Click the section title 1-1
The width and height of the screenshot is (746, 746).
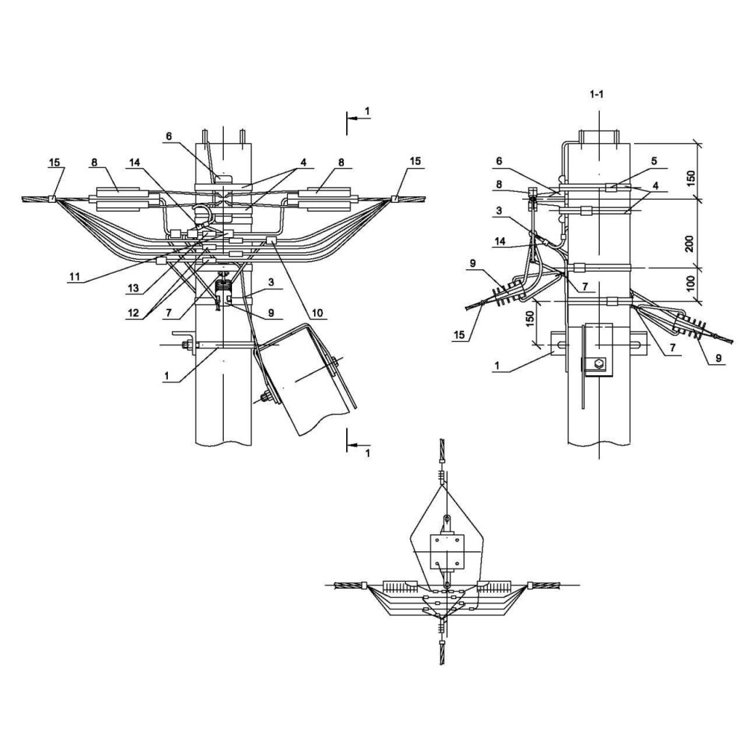click(596, 94)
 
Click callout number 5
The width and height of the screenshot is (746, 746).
click(653, 161)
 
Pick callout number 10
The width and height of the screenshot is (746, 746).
click(317, 313)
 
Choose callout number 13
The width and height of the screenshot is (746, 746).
click(134, 288)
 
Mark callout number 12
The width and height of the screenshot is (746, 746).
click(134, 313)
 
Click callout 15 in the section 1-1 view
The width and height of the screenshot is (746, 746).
click(459, 335)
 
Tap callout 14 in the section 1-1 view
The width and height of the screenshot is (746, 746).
click(500, 241)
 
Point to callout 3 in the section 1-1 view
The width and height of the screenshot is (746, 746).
click(498, 211)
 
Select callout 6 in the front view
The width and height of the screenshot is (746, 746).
click(169, 137)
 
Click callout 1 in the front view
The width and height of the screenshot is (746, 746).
click(166, 376)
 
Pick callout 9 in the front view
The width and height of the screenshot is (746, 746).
click(272, 313)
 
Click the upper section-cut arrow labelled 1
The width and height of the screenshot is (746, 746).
click(359, 118)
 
